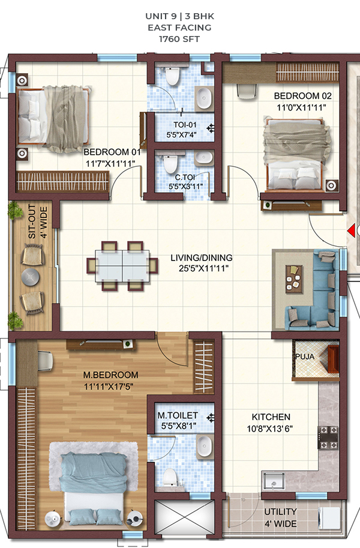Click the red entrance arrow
(x=351, y=230)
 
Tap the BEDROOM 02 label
(x=302, y=96)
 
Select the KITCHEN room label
(x=271, y=417)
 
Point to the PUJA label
(x=305, y=357)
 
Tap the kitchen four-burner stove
(x=328, y=437)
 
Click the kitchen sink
(x=274, y=481)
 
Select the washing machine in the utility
(x=329, y=517)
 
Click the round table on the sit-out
(x=31, y=277)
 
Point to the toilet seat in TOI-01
(x=172, y=76)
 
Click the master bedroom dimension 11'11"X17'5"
(x=109, y=387)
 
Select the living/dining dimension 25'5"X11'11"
(x=204, y=268)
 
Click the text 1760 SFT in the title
(x=179, y=39)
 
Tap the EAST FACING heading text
(x=179, y=28)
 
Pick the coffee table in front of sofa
(x=294, y=279)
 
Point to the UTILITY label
(x=280, y=511)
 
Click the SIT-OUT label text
(x=32, y=221)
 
